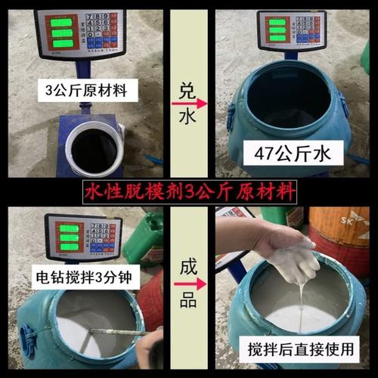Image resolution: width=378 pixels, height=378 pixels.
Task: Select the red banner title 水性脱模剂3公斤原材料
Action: (x=188, y=189)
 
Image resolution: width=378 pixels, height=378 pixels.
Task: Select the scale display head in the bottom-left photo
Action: (x=84, y=237)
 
